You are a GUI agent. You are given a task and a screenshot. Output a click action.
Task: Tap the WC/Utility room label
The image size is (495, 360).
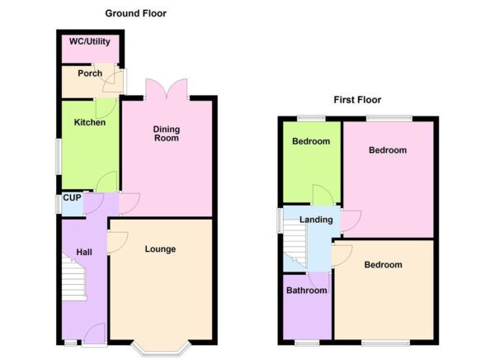(x=91, y=40)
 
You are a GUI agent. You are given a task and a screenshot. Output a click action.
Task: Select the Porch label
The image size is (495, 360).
(x=89, y=73)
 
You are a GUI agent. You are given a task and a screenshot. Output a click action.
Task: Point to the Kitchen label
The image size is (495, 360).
(x=90, y=123)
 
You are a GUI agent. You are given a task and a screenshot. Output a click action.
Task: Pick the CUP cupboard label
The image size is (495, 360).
(x=71, y=199)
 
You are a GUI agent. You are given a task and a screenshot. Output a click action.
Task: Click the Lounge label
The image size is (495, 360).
(x=160, y=249)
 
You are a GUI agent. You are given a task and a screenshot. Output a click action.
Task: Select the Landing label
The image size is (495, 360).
(x=316, y=220)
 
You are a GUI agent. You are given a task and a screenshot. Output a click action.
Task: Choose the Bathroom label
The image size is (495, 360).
(x=307, y=291)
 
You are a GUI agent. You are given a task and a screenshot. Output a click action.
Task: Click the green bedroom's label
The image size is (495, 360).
(x=311, y=141)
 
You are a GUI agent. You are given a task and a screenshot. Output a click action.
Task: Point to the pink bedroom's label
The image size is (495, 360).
(x=387, y=150)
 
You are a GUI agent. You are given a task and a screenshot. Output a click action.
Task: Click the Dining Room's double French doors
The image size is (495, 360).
(x=167, y=88)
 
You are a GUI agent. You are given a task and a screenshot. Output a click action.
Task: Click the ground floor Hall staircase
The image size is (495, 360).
(x=74, y=278)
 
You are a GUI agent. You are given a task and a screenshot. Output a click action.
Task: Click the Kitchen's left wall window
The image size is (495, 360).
(x=59, y=155)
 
